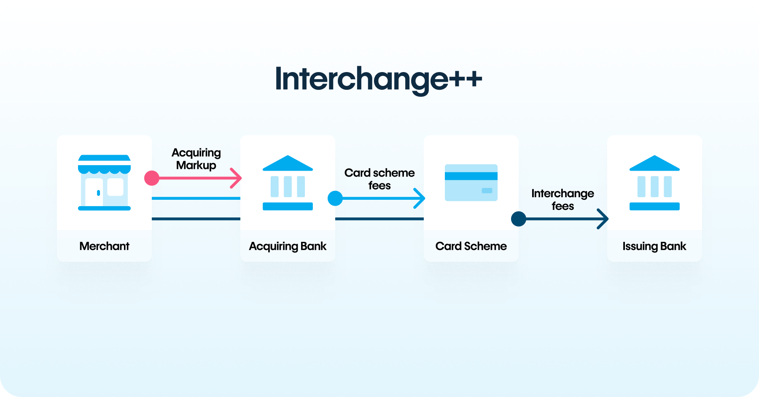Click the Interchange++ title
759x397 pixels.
tap(378, 79)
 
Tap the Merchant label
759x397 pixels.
tap(104, 246)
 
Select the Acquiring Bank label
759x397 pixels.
tap(288, 247)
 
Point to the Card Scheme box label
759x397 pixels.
tap(471, 246)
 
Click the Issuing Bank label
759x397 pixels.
tap(654, 247)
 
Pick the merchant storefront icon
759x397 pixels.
tap(104, 182)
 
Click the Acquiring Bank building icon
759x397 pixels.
tap(288, 182)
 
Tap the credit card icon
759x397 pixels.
tap(471, 182)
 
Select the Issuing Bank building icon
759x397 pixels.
tap(654, 182)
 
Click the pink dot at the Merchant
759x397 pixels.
tap(152, 178)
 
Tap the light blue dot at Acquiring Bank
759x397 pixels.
tap(335, 198)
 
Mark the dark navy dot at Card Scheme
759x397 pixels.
tap(519, 219)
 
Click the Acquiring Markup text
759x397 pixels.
tap(196, 159)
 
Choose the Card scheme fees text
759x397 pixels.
tap(379, 179)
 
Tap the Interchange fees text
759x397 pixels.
tap(563, 200)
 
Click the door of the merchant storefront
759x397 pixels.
tap(94, 193)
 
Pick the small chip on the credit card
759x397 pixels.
tap(487, 190)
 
